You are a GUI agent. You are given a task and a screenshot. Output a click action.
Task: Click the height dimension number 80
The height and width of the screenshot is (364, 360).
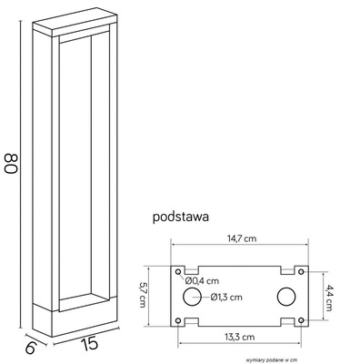[x=11, y=165]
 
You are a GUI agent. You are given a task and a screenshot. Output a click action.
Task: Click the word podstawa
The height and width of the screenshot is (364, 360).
[x=183, y=218]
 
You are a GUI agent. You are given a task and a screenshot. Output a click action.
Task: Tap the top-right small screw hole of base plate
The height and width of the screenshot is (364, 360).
[x=303, y=272]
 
